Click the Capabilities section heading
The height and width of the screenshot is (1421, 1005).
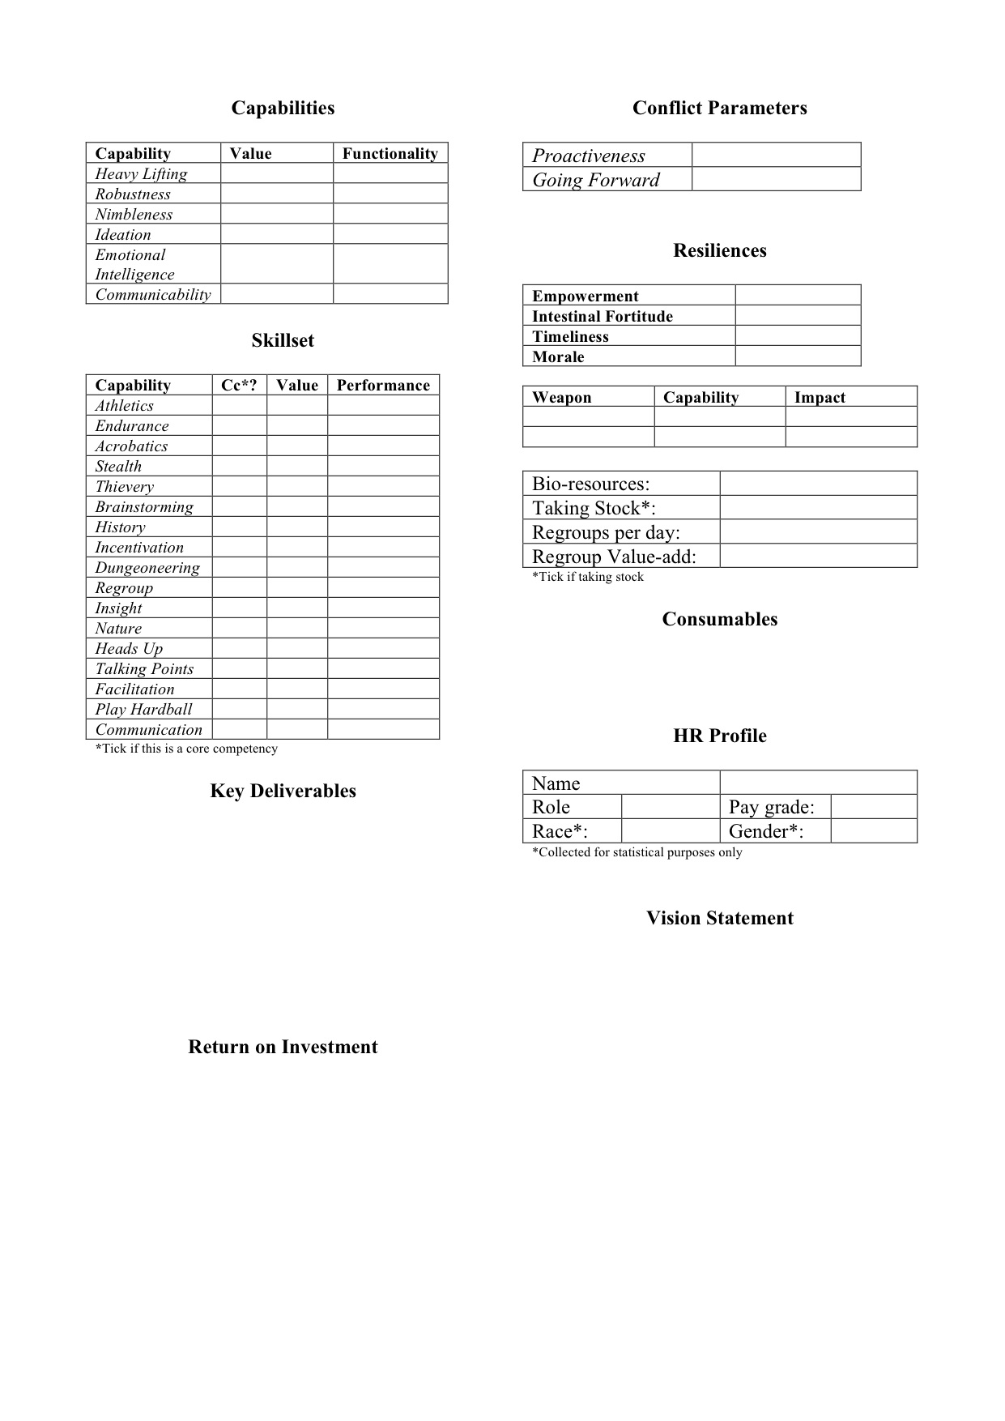tap(283, 109)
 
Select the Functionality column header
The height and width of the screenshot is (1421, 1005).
tap(390, 154)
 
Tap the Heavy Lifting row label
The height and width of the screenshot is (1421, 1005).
tap(141, 174)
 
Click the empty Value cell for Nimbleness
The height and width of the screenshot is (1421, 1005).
tap(276, 214)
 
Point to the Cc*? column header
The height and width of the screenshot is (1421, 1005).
tap(239, 386)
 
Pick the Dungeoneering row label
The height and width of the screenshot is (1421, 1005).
tap(147, 568)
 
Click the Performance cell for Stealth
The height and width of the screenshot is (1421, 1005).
tap(383, 467)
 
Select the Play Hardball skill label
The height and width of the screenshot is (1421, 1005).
tap(143, 710)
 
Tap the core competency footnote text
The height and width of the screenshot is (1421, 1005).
tap(186, 749)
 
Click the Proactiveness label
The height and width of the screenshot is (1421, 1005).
tap(589, 156)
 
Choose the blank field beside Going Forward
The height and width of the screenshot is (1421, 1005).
tap(776, 179)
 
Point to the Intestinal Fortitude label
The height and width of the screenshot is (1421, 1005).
tap(603, 317)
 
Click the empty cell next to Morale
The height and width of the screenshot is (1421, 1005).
tap(798, 356)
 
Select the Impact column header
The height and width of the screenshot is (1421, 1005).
tap(820, 398)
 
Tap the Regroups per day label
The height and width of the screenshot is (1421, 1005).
tap(606, 532)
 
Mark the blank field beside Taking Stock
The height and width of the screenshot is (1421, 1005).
tap(818, 508)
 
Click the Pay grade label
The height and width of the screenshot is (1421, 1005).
tap(771, 807)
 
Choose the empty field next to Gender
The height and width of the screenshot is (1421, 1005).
tap(874, 831)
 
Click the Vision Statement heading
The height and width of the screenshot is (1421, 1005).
tap(719, 919)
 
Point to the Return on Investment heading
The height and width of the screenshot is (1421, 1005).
tap(283, 1048)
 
